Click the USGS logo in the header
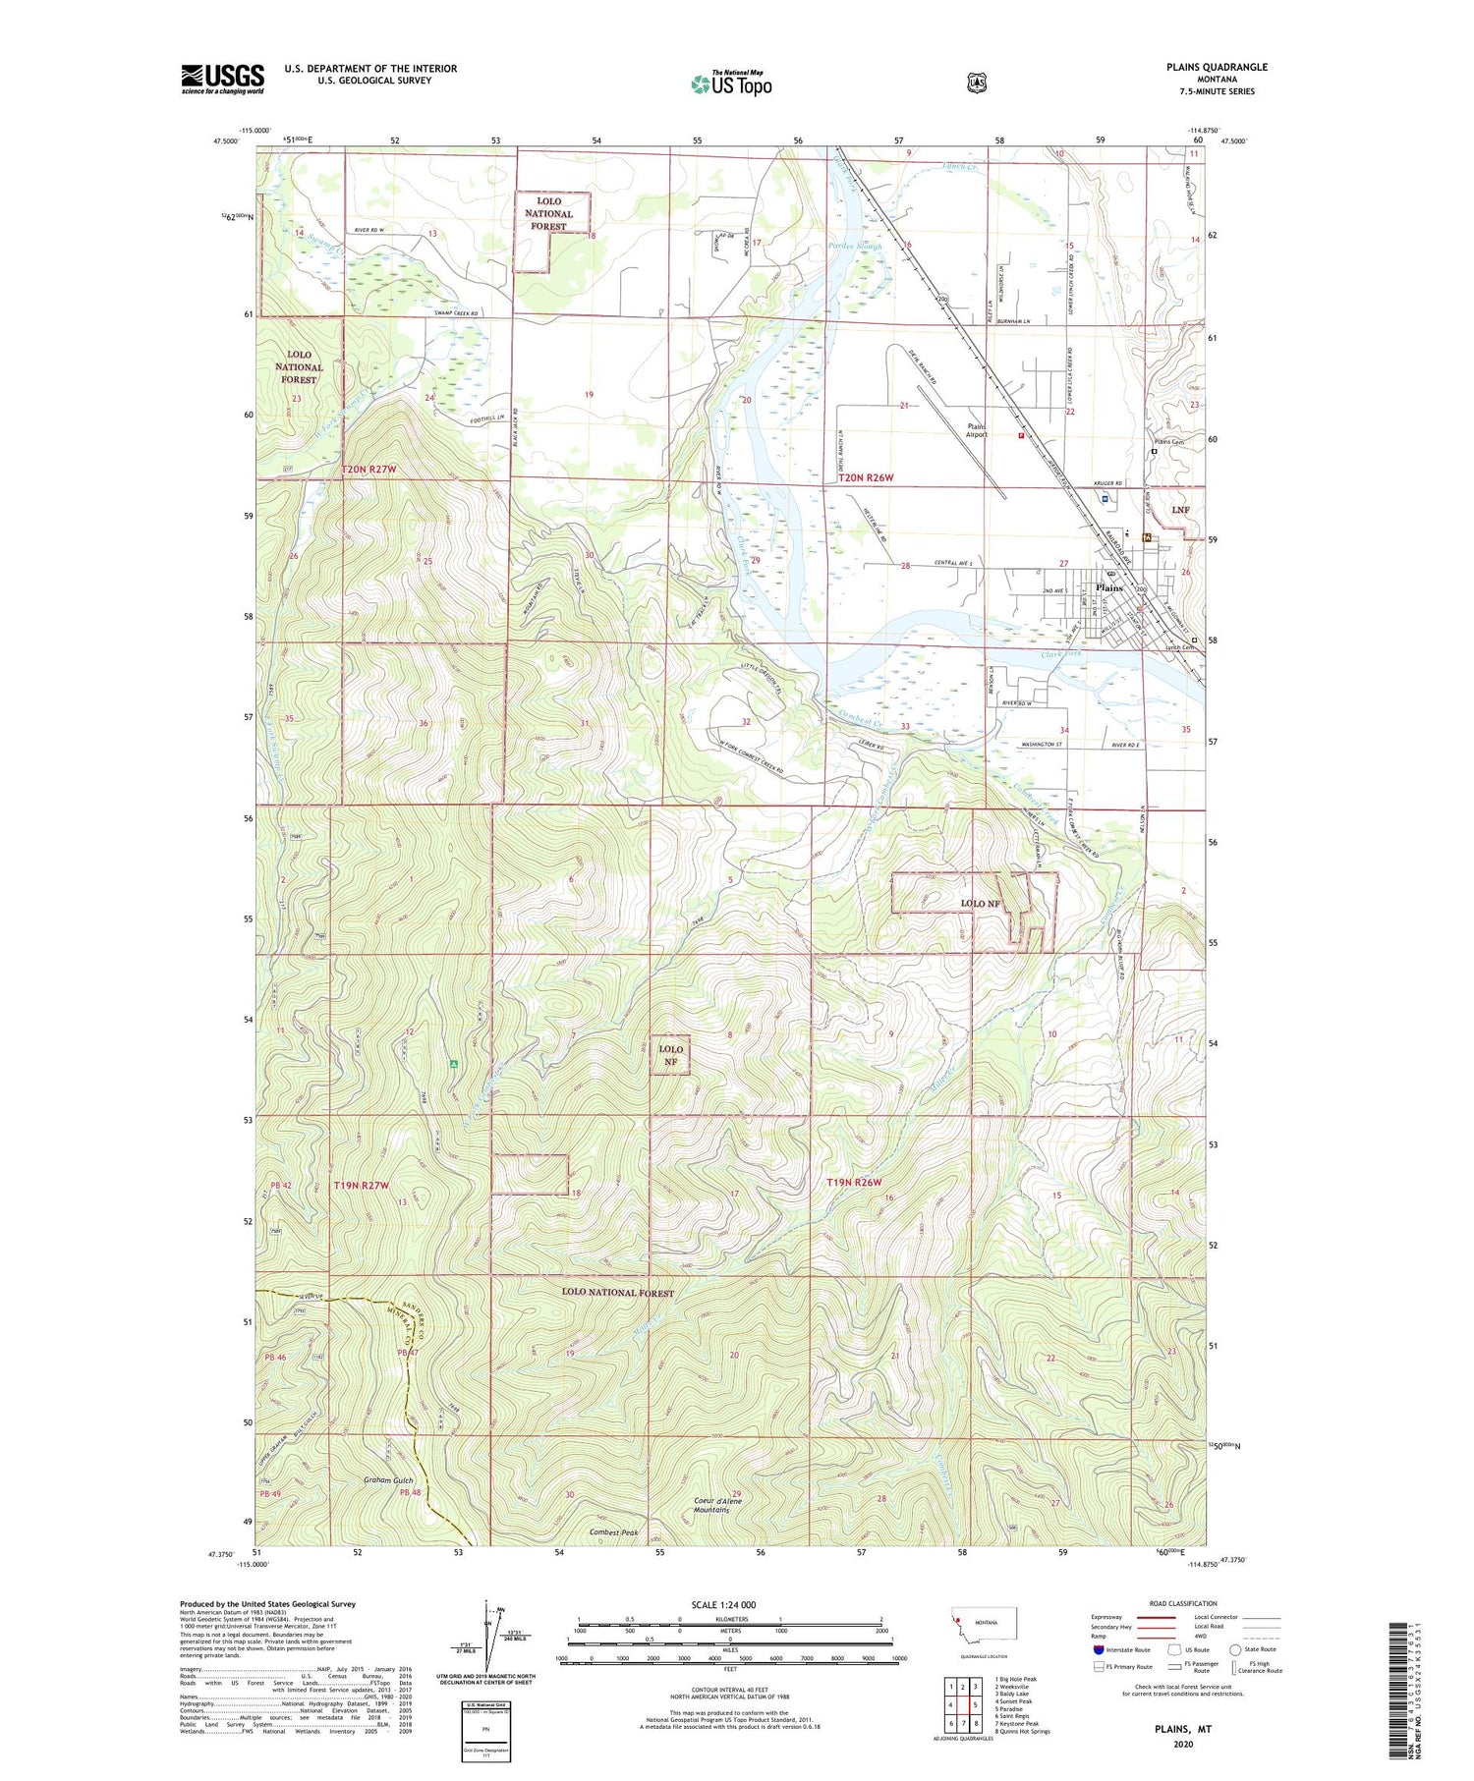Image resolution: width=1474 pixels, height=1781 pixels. coord(222,79)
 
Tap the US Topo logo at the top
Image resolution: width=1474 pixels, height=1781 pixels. coord(731,83)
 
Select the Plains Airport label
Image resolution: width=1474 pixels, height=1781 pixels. coord(977,430)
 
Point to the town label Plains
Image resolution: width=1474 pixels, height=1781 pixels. coord(1108,587)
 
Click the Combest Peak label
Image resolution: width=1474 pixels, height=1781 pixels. coord(614,1532)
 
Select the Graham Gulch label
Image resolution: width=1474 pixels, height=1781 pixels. coord(389,1479)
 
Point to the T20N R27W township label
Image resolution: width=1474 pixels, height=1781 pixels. coord(369,470)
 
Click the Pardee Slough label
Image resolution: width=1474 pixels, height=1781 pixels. coord(855,247)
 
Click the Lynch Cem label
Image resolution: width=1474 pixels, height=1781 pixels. coord(1178,647)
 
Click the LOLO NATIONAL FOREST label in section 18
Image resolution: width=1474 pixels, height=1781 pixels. coord(548,214)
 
